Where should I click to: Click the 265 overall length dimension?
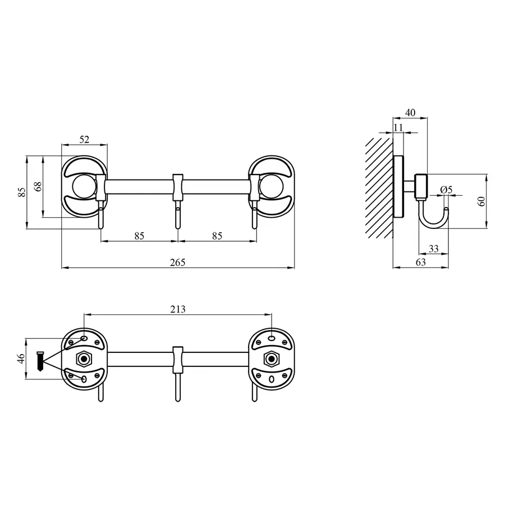[x=177, y=262]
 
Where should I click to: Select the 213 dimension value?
[x=177, y=309]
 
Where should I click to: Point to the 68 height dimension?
[x=37, y=186]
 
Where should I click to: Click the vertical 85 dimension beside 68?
[x=21, y=192]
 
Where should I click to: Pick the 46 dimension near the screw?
[x=21, y=359]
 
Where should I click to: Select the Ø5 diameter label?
[x=446, y=189]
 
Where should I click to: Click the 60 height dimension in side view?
[x=481, y=201]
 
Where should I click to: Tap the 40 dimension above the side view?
[x=410, y=113]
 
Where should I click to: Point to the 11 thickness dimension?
[x=399, y=127]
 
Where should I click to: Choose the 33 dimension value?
[x=433, y=249]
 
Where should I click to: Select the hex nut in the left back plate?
[x=84, y=358]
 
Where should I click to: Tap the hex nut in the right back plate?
[x=272, y=358]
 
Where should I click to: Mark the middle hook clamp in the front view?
[x=178, y=187]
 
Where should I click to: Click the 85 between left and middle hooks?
[x=139, y=236]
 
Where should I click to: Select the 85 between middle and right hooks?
[x=217, y=236]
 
